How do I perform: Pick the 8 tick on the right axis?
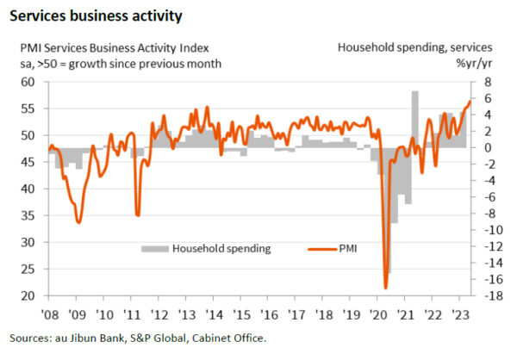click(487, 82)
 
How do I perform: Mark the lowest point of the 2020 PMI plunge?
click(385, 287)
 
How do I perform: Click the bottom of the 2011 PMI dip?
click(136, 214)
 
